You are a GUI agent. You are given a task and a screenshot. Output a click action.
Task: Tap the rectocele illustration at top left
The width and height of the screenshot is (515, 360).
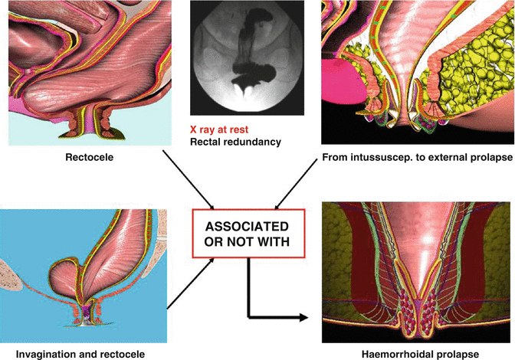tap(84, 69)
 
